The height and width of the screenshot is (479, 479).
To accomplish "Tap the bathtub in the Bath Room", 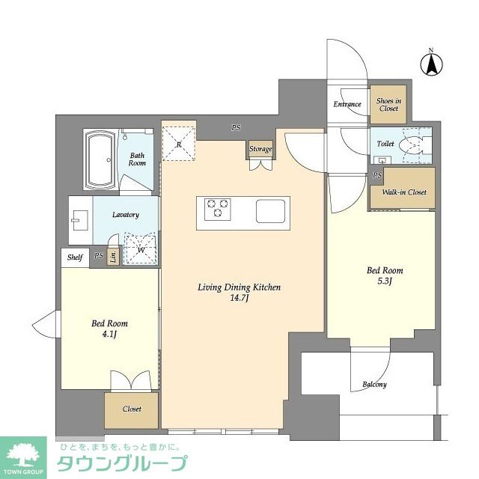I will point(100,161).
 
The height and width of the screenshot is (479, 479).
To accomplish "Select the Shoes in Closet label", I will point(388,105).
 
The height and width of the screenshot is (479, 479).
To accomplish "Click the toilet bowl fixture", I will point(414,144).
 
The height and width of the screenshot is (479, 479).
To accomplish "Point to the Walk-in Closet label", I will point(403,192).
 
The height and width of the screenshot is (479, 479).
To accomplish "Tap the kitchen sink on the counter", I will point(271,210).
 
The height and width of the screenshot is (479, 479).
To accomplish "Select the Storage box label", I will point(260,149).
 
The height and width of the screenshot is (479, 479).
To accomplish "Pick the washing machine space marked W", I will point(140,248).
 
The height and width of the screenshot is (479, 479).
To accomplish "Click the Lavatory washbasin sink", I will point(79,219).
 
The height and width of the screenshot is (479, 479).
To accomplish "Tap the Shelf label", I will point(75,257).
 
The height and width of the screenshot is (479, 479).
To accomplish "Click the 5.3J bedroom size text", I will point(384,283).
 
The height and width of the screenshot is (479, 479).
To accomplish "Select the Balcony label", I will point(374,385).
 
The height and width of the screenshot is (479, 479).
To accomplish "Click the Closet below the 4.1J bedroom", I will point(131,409).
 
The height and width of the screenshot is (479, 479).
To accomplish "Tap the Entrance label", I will point(347,105).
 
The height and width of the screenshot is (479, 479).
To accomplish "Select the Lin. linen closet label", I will point(112,257).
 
